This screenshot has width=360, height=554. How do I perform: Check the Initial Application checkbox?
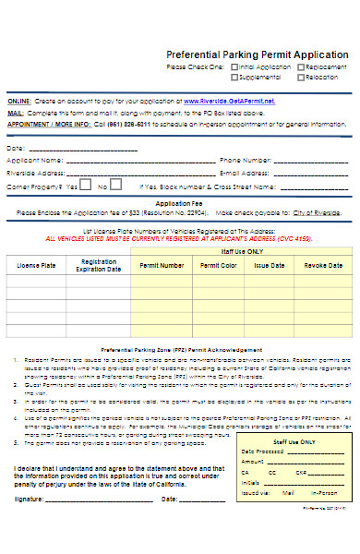click(x=234, y=67)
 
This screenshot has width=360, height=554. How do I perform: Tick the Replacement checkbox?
click(x=299, y=67)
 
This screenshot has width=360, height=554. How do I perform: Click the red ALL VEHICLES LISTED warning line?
click(x=180, y=238)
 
